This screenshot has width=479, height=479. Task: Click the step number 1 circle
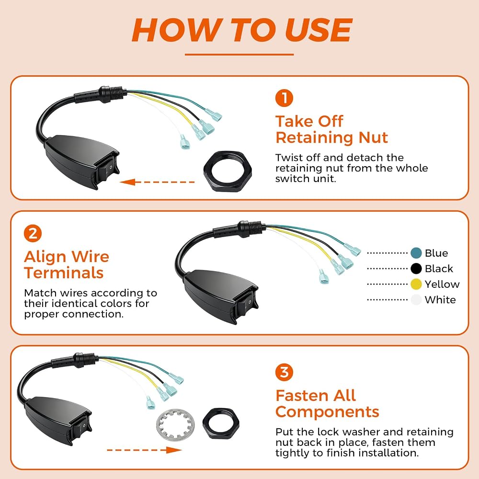(x=284, y=98)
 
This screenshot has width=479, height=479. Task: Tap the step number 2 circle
(x=33, y=233)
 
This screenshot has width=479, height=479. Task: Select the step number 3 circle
(x=284, y=372)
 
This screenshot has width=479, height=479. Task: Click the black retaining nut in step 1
(x=228, y=171)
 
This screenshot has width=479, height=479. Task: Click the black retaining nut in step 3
(x=221, y=424)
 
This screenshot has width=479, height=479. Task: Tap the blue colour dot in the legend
(x=416, y=253)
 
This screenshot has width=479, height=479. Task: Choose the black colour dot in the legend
(x=416, y=269)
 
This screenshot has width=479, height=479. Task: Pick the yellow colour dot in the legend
(x=416, y=284)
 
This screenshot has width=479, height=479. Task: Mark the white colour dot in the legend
(x=416, y=300)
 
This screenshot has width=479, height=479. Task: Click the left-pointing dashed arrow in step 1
(x=157, y=182)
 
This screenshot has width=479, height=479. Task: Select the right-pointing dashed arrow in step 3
(x=144, y=450)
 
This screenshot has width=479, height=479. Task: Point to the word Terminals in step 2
(x=64, y=273)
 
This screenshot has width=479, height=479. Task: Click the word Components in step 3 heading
(x=327, y=412)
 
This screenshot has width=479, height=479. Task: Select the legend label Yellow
(x=442, y=284)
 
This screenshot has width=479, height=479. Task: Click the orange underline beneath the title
(x=239, y=55)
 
